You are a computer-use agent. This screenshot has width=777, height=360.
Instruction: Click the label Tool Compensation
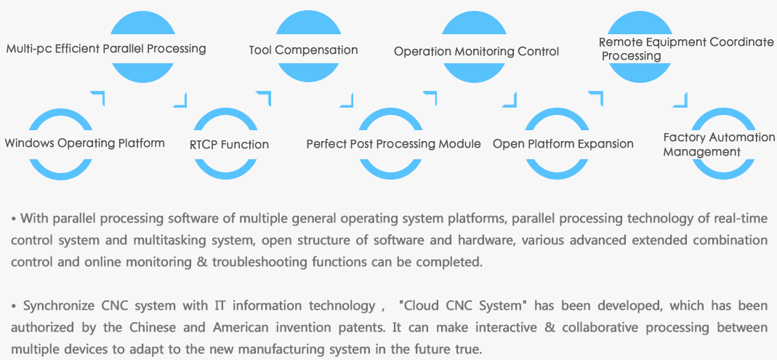click(303, 50)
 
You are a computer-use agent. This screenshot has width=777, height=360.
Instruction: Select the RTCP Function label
click(230, 145)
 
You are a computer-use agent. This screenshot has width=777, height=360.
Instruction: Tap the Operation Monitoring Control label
click(476, 52)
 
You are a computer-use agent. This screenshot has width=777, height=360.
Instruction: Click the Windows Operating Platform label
click(85, 143)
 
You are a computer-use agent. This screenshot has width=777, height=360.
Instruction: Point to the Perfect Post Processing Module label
click(393, 144)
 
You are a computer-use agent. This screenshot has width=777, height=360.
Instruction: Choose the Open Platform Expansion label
click(563, 144)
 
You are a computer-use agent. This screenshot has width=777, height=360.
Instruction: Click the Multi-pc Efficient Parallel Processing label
click(106, 49)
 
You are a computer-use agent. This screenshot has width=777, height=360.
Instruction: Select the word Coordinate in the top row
click(742, 42)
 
